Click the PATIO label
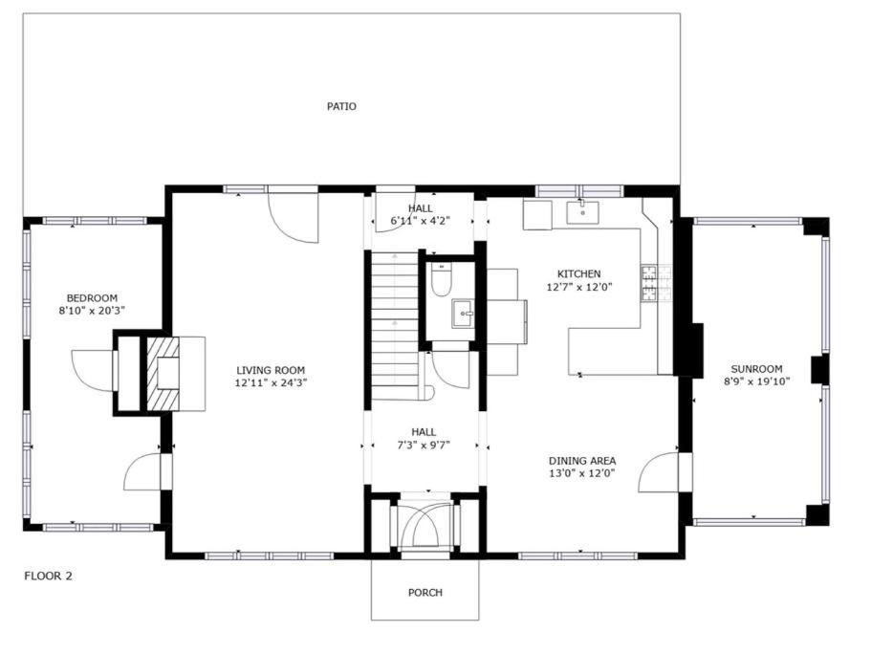tap(341, 106)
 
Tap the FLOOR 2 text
tap(49, 576)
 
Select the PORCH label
tap(425, 593)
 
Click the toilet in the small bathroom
tap(443, 279)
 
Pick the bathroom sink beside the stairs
tap(464, 314)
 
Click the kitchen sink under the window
tap(582, 212)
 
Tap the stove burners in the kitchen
tap(649, 283)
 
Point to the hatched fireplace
tap(163, 373)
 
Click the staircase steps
tap(395, 319)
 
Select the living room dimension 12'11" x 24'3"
tap(271, 382)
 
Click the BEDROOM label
tap(92, 298)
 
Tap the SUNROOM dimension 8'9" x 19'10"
tap(756, 381)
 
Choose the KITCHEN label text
tap(578, 273)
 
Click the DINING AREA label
tap(582, 461)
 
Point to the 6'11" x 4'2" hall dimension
tap(421, 221)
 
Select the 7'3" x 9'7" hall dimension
tap(424, 445)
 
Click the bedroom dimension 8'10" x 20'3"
tap(92, 311)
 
